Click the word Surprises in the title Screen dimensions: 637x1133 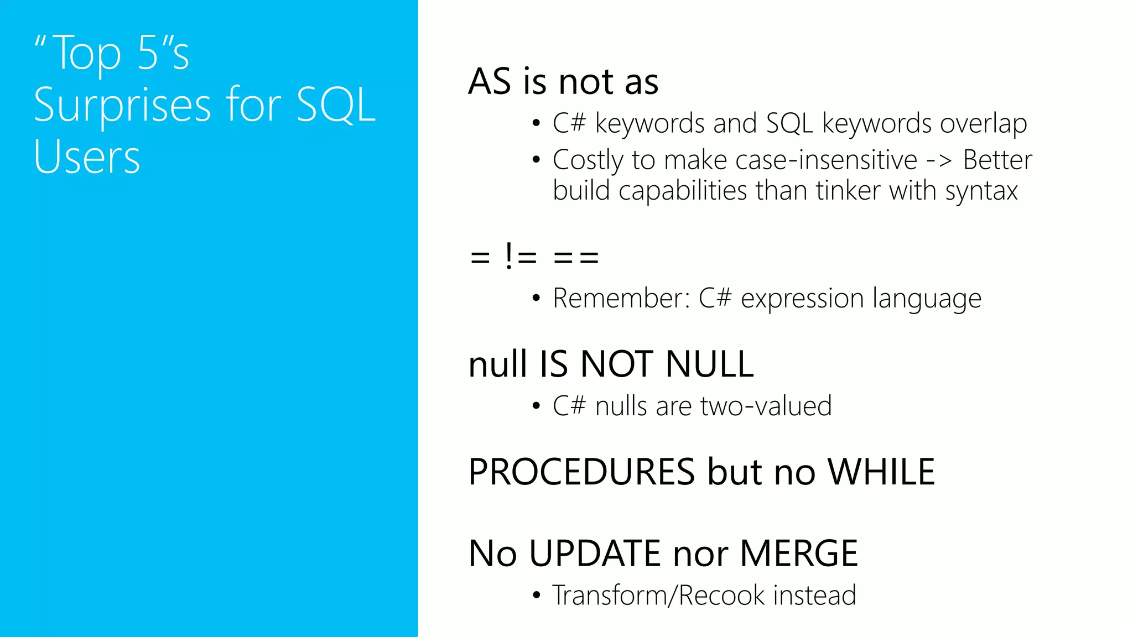coord(122,105)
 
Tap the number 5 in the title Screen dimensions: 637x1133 coord(148,53)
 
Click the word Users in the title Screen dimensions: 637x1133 coord(87,157)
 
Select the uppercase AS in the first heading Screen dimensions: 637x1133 coord(490,82)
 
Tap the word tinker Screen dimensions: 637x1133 coord(848,191)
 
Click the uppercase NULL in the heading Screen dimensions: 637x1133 coord(710,364)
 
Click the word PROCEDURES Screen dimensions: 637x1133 coord(581,472)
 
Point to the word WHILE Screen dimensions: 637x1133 coord(881,472)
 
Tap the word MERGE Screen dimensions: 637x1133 coord(798,554)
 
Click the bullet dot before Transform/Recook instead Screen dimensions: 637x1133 coord(536,596)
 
